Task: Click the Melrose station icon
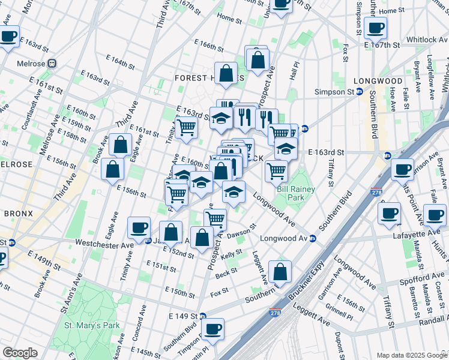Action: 53,64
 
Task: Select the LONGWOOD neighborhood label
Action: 378,81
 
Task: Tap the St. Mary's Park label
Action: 92,325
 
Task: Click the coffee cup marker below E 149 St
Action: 212,329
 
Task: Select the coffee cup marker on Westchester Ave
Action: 139,227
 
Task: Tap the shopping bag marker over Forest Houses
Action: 226,73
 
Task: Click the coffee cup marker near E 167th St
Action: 375,28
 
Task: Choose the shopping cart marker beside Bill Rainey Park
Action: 276,171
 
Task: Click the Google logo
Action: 19,353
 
